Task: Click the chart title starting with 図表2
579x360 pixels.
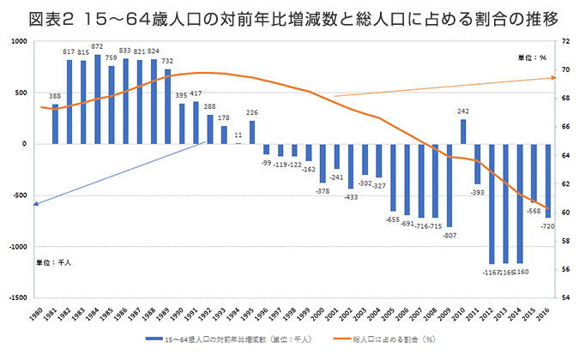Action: coord(289,16)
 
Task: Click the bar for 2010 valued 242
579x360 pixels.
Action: coord(463,131)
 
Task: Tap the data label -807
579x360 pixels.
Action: coord(449,235)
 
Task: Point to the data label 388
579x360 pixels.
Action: coord(55,96)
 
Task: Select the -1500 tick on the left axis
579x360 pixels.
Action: coord(17,298)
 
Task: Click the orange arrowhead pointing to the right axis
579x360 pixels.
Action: coord(554,77)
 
